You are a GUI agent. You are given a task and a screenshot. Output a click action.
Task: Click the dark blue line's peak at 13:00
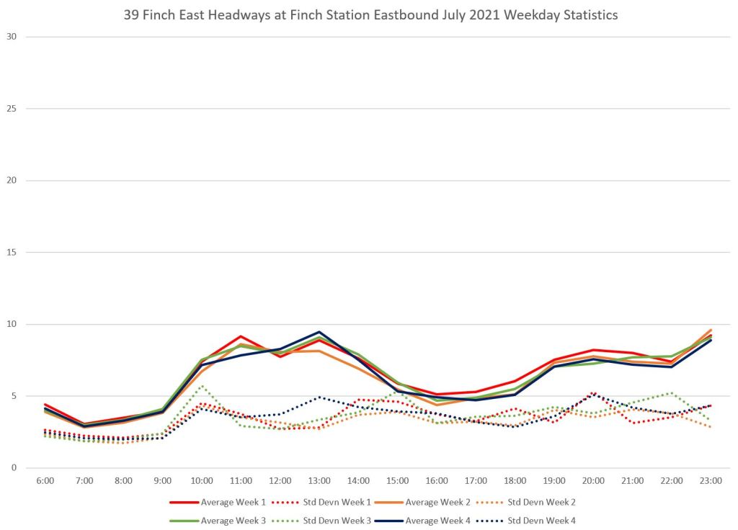tap(319, 332)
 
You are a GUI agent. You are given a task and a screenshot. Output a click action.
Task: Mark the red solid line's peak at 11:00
tap(241, 336)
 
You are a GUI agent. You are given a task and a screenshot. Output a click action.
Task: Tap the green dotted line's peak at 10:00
tap(202, 386)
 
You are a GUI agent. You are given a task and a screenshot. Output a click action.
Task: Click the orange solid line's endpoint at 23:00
tap(711, 330)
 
